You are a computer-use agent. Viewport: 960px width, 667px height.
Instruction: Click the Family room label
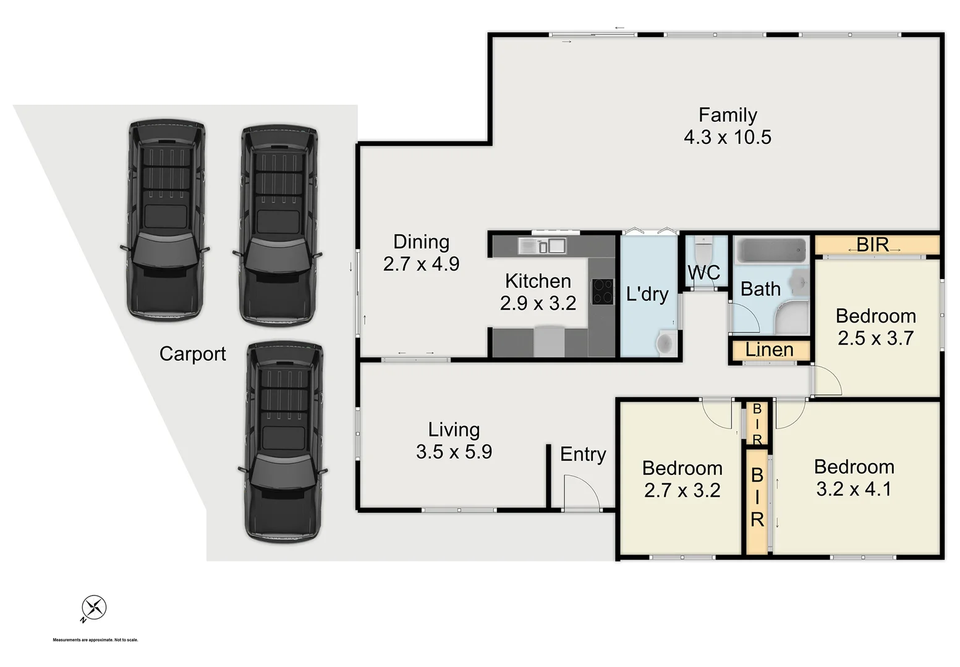(728, 115)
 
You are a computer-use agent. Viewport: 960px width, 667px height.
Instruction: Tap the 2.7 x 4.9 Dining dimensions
(421, 264)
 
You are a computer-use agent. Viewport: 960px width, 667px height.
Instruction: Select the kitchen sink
(542, 246)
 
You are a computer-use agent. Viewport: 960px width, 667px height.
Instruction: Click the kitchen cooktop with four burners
(602, 292)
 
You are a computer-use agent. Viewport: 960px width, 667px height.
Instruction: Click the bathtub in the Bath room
(770, 252)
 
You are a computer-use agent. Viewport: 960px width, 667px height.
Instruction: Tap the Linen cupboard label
(769, 350)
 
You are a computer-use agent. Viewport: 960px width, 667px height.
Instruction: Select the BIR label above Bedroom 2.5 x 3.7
(872, 245)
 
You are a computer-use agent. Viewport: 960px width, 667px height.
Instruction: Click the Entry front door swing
(581, 492)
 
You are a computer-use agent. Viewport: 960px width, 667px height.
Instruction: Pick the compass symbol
(94, 607)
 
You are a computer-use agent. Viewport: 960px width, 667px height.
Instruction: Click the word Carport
(192, 354)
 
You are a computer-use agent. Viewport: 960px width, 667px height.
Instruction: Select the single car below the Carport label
(284, 442)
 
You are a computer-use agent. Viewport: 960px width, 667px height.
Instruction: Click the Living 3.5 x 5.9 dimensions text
(454, 452)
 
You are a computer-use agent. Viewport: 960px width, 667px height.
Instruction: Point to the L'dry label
(647, 294)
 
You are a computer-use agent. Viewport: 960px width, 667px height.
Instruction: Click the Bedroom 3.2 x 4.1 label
(854, 478)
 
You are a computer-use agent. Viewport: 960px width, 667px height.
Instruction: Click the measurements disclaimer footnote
(95, 640)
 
